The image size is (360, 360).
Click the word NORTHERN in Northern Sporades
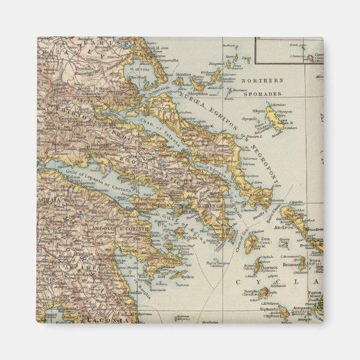tap(266, 80)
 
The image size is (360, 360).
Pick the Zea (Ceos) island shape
tap(252, 244)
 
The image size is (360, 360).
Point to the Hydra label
tap(188, 277)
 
